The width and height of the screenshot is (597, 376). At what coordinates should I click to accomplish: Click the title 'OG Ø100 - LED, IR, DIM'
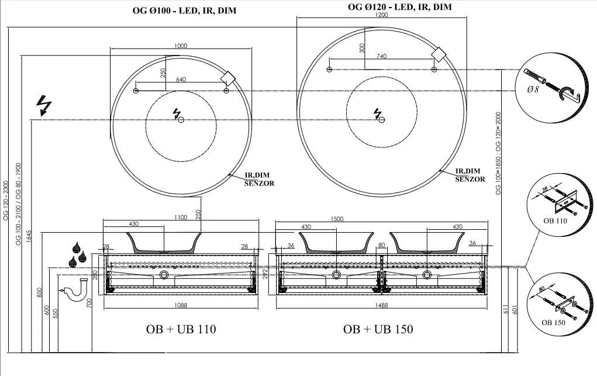[184, 11]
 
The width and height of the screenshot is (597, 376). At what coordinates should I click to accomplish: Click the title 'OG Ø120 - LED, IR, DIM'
[400, 7]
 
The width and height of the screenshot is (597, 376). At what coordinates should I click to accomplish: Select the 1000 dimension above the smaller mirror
[181, 46]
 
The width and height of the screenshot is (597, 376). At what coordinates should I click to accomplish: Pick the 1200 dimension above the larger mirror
[381, 15]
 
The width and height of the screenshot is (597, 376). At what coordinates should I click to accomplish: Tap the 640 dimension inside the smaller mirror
[181, 80]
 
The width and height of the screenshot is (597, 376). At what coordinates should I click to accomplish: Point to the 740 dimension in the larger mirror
[381, 56]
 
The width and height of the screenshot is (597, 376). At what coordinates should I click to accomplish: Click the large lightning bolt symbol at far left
[44, 105]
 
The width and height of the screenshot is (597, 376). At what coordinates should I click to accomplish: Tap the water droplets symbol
[78, 254]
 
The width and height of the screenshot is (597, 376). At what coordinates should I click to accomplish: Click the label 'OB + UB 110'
[181, 329]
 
